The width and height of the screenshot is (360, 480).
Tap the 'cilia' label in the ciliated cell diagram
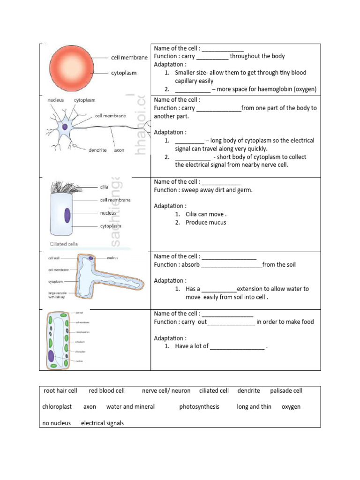point(104,187)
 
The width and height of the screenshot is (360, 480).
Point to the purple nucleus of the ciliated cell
point(67,216)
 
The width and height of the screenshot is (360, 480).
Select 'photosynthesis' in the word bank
point(199,407)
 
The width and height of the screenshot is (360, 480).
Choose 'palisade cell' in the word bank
point(286,391)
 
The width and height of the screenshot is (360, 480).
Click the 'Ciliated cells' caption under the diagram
point(65,244)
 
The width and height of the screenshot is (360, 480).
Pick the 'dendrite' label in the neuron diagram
point(97,150)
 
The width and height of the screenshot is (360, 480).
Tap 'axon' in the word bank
point(90,407)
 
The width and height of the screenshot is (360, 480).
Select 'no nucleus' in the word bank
point(57,423)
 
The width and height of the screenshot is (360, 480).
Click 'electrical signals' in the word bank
point(102,423)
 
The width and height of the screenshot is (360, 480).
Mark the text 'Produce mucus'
point(206,223)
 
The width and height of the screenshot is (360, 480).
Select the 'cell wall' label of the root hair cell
point(54,258)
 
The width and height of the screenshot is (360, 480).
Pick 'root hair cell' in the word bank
point(60,391)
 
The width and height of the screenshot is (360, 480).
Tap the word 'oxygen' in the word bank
point(291,407)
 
